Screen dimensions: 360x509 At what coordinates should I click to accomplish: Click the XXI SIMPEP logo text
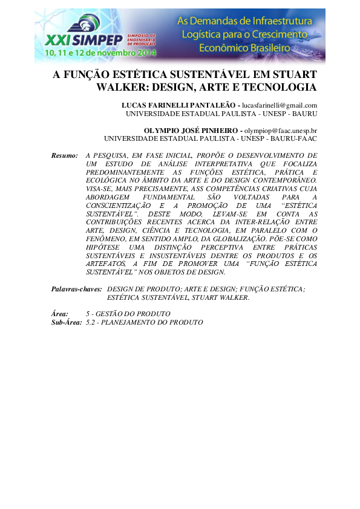tap(85, 40)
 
